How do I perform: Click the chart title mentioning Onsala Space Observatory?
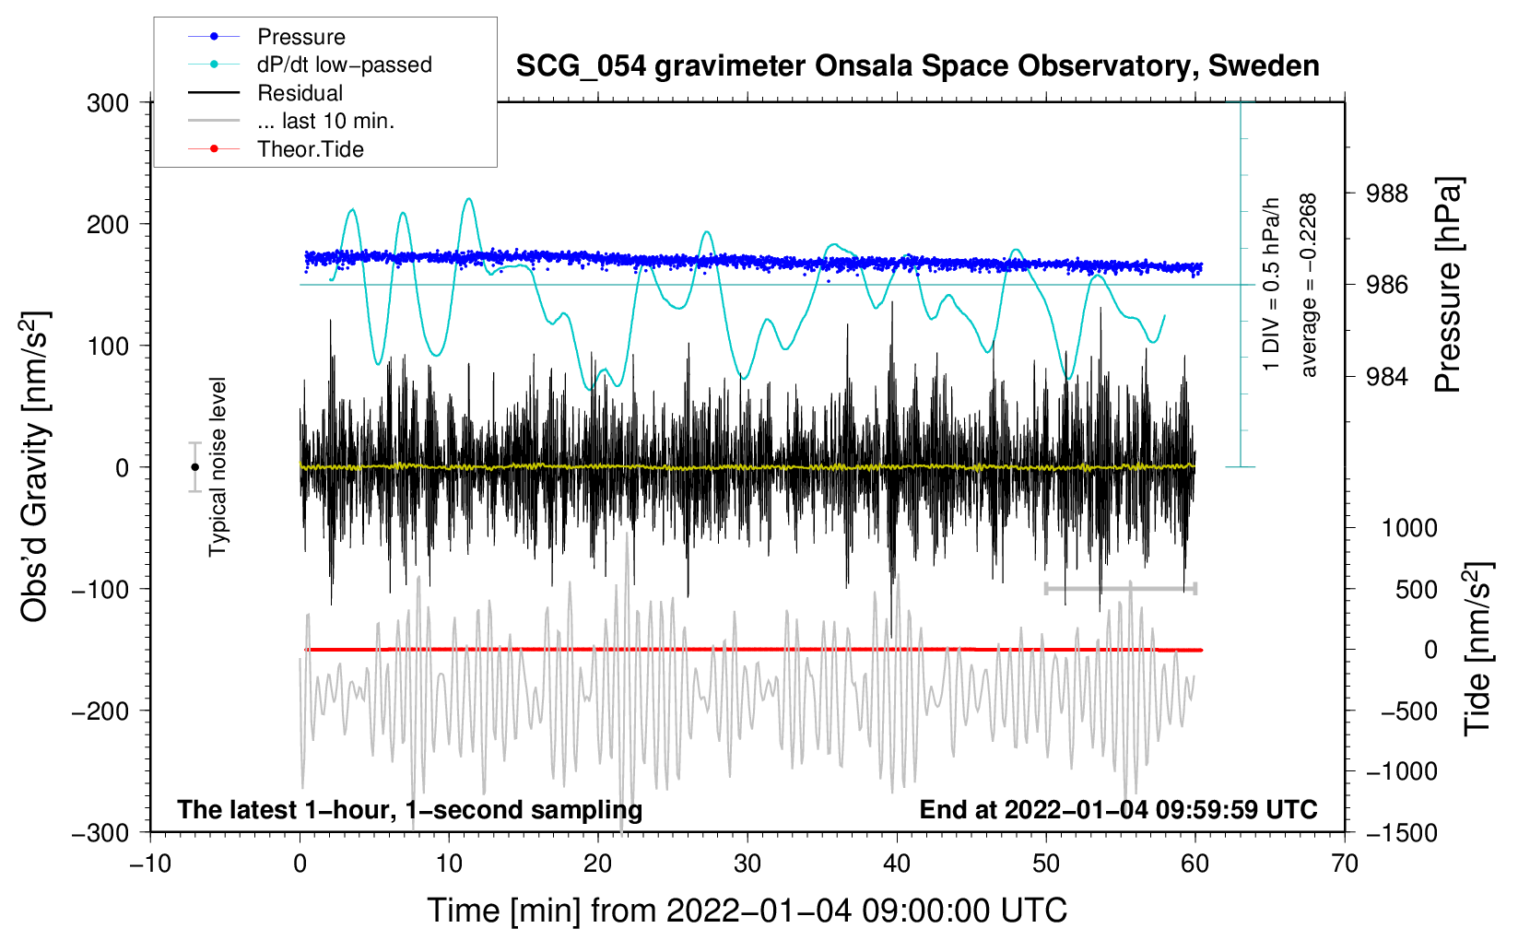pos(917,65)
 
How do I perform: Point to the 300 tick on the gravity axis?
pos(108,103)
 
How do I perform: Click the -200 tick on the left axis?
pos(100,711)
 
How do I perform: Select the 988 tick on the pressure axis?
pos(1386,194)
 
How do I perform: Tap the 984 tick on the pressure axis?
pos(1386,376)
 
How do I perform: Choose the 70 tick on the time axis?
pos(1344,864)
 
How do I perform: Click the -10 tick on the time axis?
pos(150,864)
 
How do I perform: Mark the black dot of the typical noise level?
pos(194,467)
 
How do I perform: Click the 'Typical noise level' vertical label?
pos(218,467)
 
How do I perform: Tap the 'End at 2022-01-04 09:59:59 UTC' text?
pos(1118,809)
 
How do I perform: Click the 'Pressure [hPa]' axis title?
pos(1448,285)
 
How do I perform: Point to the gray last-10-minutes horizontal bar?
pos(1120,588)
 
